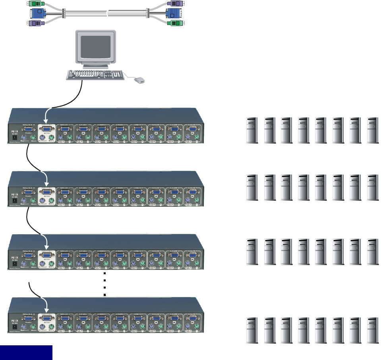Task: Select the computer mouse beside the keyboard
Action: coord(139,81)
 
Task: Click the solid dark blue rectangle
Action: coord(26,352)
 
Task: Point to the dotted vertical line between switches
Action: coord(105,284)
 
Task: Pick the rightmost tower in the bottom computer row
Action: coord(373,330)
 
